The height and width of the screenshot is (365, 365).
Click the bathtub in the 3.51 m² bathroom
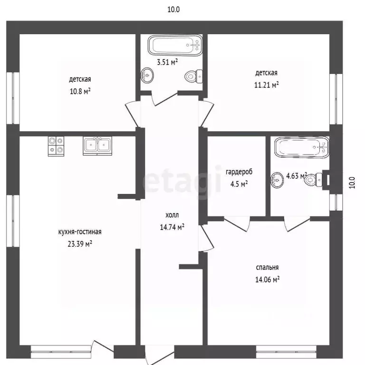pyautogui.click(x=175, y=46)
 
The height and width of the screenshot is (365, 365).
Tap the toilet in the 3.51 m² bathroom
pyautogui.click(x=194, y=77)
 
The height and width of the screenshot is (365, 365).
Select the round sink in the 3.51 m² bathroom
pyautogui.click(x=147, y=75)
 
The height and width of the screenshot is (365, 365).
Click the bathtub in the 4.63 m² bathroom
pyautogui.click(x=302, y=147)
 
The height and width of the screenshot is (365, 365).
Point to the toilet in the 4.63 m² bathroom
pyautogui.click(x=313, y=180)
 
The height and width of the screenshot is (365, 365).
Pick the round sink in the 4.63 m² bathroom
pyautogui.click(x=277, y=180)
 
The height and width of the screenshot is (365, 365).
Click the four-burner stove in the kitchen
pyautogui.click(x=56, y=146)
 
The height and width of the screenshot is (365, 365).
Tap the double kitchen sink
pyautogui.click(x=97, y=146)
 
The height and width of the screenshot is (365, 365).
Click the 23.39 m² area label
pyautogui.click(x=80, y=244)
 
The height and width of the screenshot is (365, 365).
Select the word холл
pyautogui.click(x=172, y=215)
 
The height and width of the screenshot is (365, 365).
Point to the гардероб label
pyautogui.click(x=239, y=172)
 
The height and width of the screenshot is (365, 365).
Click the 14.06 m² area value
pyautogui.click(x=267, y=279)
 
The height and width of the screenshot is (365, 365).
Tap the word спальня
pyautogui.click(x=267, y=268)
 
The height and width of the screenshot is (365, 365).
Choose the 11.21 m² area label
pyautogui.click(x=266, y=85)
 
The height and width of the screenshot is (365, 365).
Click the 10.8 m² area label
pyautogui.click(x=80, y=91)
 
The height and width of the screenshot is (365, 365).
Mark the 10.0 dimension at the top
pyautogui.click(x=173, y=10)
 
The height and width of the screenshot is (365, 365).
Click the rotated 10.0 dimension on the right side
pyautogui.click(x=352, y=182)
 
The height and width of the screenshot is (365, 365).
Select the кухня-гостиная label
pyautogui.click(x=80, y=232)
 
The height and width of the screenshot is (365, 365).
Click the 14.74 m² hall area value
pyautogui.click(x=172, y=227)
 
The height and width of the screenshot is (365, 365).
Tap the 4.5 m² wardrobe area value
pyautogui.click(x=239, y=184)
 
